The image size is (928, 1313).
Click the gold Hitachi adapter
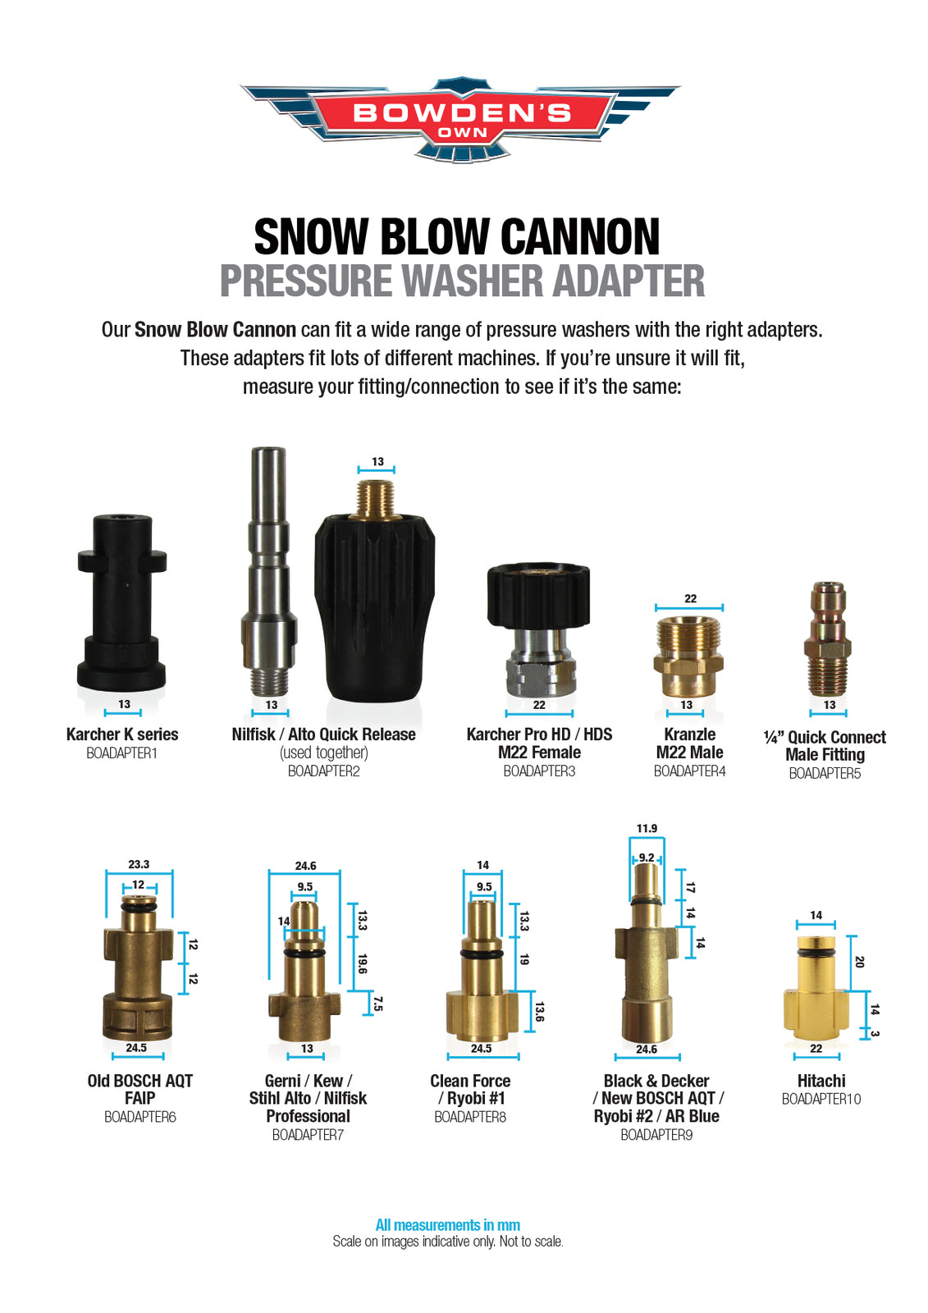click(816, 993)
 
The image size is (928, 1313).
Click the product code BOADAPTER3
click(539, 771)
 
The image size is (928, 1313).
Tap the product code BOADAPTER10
click(821, 1100)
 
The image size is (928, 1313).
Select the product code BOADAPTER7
click(308, 1135)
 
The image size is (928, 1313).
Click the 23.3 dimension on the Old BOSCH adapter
click(139, 864)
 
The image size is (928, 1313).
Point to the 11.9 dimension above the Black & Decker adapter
click(647, 829)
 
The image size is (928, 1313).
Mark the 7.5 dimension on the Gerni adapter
click(377, 1004)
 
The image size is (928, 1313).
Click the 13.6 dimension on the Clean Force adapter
click(539, 1012)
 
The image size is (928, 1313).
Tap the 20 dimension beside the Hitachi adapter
click(859, 962)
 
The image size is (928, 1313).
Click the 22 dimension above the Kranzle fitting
click(690, 599)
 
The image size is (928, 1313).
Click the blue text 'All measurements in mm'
click(447, 1225)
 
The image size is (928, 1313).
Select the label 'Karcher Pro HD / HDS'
click(539, 734)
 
